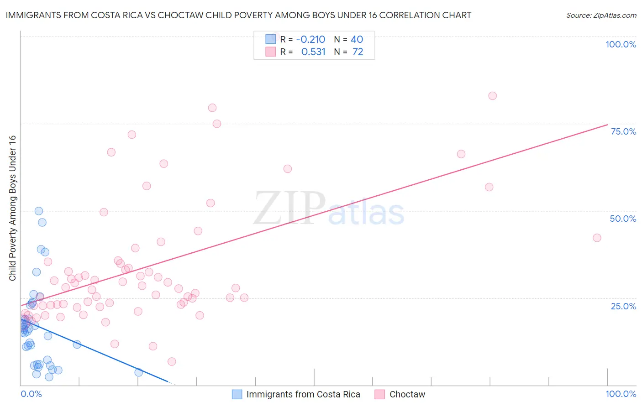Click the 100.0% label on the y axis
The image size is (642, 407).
click(621, 44)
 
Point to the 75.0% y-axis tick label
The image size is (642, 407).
click(623, 131)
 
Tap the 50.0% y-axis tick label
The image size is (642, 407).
click(623, 219)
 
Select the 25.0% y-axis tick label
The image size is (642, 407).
click(623, 306)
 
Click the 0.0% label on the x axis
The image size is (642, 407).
click(31, 394)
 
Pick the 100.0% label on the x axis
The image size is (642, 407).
click(621, 394)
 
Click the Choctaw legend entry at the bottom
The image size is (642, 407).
click(407, 394)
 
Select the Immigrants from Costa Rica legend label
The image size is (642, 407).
click(303, 394)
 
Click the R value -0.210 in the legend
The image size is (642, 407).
click(310, 40)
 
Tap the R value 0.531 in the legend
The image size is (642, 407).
click(313, 52)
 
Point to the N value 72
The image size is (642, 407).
click(358, 52)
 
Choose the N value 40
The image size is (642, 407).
click(357, 40)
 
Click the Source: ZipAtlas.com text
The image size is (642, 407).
click(601, 16)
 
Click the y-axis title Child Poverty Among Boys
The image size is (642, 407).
click(13, 208)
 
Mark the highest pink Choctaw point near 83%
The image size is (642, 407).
click(492, 96)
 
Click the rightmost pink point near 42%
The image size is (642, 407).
click(597, 238)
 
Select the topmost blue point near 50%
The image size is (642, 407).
click(39, 211)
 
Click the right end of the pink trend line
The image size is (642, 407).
click(607, 125)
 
